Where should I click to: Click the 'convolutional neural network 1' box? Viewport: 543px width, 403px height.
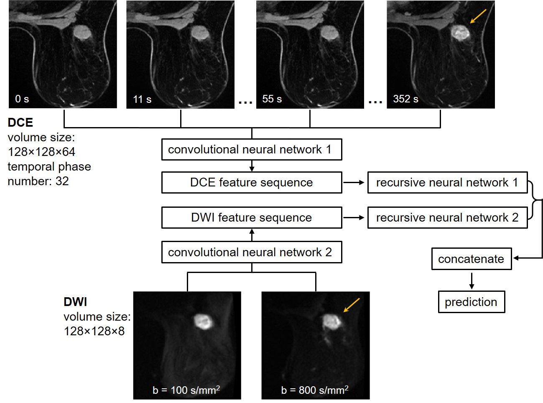(x=252, y=150)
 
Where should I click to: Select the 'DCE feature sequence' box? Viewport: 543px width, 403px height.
(x=252, y=183)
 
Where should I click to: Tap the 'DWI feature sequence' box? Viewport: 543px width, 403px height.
(x=252, y=218)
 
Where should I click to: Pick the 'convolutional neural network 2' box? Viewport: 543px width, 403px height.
(x=252, y=253)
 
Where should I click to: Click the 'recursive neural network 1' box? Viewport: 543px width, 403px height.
(x=447, y=183)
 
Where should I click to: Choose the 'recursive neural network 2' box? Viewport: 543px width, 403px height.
(x=447, y=218)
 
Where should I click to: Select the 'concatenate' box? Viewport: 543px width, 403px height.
(x=471, y=259)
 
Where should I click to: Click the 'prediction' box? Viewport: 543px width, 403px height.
(x=471, y=302)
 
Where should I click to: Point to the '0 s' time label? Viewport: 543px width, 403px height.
(x=22, y=99)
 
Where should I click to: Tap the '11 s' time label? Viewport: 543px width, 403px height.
(x=142, y=99)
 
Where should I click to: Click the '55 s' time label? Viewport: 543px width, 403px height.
(x=272, y=99)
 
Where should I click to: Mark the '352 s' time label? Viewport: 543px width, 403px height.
(x=405, y=99)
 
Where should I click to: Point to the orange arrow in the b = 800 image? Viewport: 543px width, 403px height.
(x=351, y=305)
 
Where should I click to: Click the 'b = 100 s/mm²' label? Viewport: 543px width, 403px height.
(x=186, y=390)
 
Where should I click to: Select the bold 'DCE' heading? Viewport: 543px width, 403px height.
(x=20, y=122)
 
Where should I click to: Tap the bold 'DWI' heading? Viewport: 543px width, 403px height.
(x=75, y=302)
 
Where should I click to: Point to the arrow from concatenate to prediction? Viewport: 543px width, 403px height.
(x=472, y=281)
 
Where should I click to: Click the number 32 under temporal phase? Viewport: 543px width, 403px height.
(x=62, y=181)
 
